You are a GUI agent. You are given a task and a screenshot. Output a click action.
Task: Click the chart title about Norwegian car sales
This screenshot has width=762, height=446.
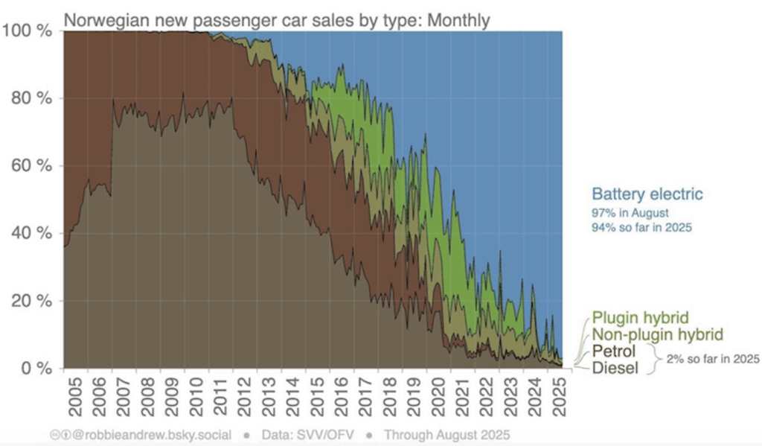(x=277, y=19)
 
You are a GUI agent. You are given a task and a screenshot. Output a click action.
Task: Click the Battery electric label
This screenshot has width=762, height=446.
(x=647, y=195)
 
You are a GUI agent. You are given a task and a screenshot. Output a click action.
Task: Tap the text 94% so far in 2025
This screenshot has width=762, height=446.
(x=641, y=227)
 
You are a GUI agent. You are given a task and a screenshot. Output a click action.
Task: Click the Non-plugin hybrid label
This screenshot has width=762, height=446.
(x=656, y=334)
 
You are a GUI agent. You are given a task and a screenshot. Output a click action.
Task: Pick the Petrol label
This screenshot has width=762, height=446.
(x=615, y=350)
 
